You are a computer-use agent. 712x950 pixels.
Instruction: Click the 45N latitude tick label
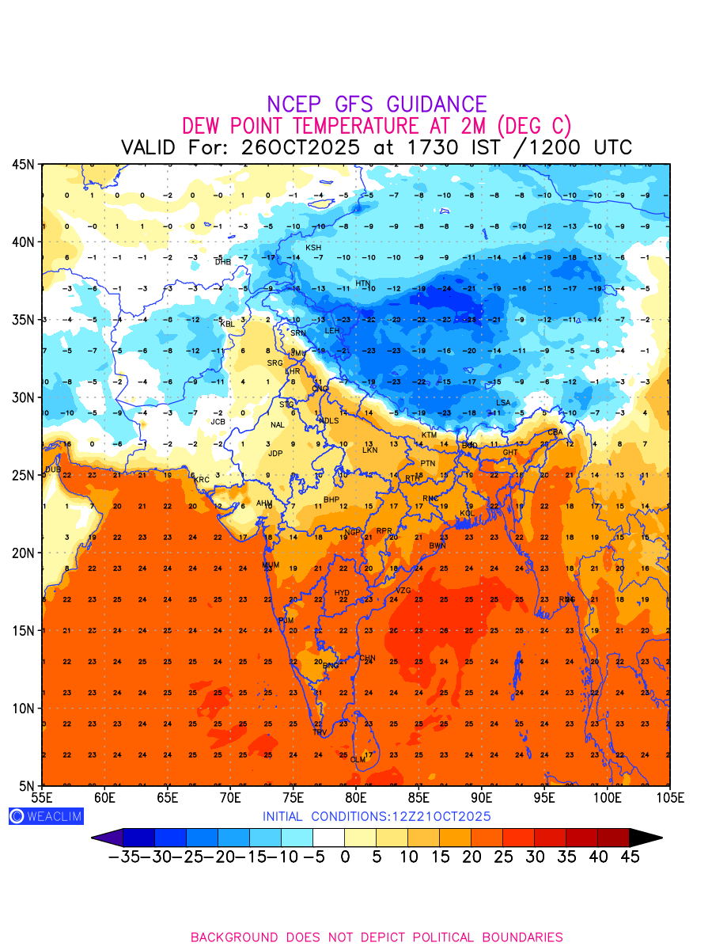(x=23, y=164)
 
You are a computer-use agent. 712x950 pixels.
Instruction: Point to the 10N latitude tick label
(x=23, y=708)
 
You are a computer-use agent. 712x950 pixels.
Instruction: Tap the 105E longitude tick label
(x=670, y=796)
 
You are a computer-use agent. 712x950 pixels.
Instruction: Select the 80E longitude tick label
(x=356, y=796)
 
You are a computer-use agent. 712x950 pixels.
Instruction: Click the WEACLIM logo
(x=46, y=816)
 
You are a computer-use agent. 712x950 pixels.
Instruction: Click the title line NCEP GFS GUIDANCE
(x=377, y=104)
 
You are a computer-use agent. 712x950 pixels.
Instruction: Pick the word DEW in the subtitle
(x=202, y=126)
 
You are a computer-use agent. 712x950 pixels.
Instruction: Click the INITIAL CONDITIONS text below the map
(x=377, y=816)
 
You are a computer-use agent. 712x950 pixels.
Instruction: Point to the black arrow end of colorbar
(x=646, y=838)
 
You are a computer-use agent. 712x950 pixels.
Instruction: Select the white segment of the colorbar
(x=329, y=838)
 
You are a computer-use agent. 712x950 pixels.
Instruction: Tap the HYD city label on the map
(x=342, y=593)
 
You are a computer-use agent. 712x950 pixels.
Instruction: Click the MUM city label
(x=271, y=564)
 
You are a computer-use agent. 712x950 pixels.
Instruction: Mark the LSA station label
(x=503, y=403)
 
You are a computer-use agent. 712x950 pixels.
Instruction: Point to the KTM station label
(x=429, y=435)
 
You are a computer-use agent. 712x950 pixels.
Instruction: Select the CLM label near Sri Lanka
(x=358, y=760)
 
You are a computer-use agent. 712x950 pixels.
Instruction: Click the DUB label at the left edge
(x=52, y=469)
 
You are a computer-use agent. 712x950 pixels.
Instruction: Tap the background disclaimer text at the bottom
(x=377, y=937)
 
